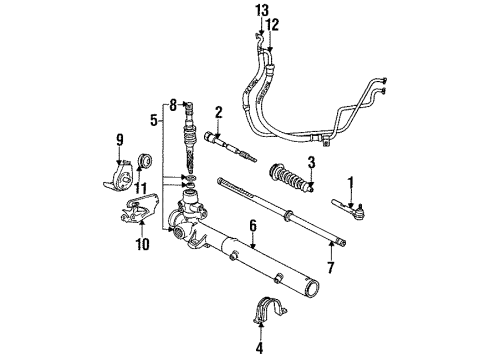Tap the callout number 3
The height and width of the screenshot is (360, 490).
(311, 162)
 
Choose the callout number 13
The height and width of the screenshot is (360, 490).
(262, 10)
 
